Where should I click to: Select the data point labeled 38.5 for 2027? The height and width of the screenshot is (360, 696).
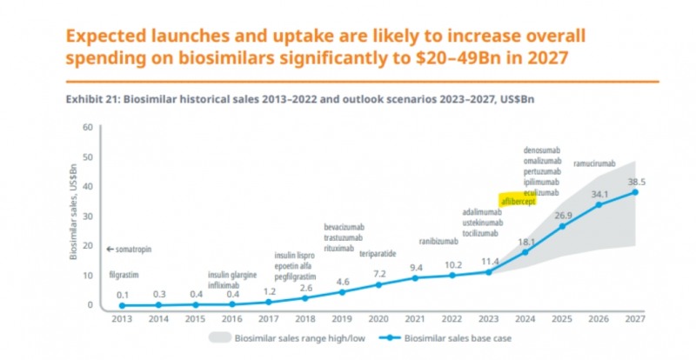[x=635, y=192]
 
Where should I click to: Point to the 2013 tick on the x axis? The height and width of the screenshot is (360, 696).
[x=121, y=318]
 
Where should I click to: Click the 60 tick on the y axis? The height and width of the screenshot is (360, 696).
[x=87, y=127]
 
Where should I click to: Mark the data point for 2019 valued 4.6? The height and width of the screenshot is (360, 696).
[x=342, y=292]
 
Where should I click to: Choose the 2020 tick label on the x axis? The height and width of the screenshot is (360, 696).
[x=378, y=318]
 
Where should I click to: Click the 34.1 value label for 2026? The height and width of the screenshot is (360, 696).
[x=599, y=193]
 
